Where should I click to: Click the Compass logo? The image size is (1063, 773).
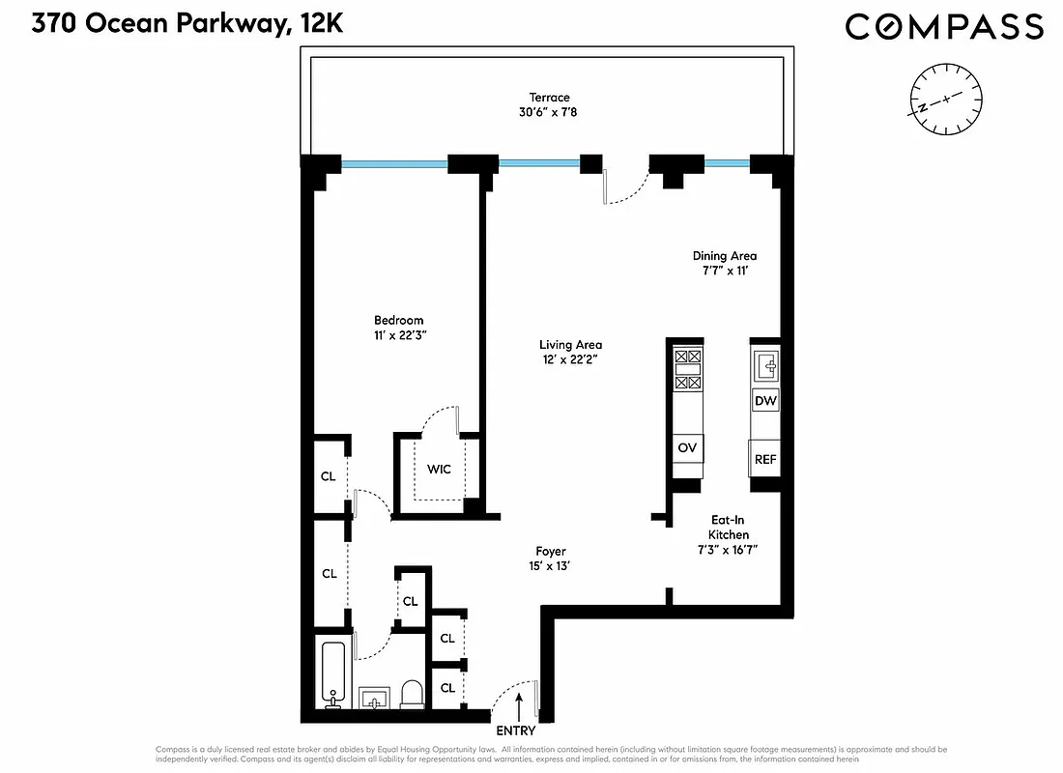[x=944, y=26]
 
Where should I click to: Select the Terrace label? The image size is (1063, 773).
[x=549, y=97]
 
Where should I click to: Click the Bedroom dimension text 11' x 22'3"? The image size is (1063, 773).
[x=399, y=335]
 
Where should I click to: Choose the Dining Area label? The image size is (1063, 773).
[x=724, y=256]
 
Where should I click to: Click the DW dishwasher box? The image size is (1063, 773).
[x=765, y=401]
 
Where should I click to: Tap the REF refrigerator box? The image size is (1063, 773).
[x=765, y=459]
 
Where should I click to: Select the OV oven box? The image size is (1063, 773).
[x=688, y=448]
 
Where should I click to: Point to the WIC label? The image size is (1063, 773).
[x=440, y=470]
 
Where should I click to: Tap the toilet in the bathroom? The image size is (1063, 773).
[x=412, y=693]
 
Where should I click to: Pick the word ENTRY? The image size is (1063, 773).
[x=515, y=731]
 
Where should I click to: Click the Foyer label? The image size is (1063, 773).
[x=551, y=552]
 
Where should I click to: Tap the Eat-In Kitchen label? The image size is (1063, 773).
[x=728, y=534]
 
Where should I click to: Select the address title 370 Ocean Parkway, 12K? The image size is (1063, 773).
[x=187, y=25]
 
